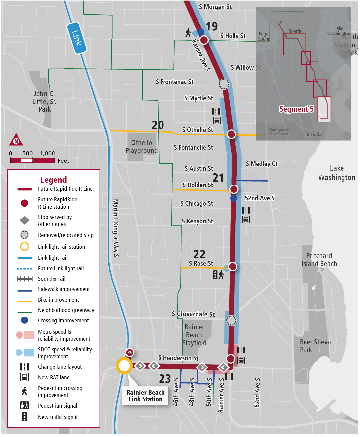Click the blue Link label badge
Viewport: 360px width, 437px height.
pyautogui.click(x=77, y=38)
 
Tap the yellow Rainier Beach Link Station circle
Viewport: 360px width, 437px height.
pyautogui.click(x=124, y=366)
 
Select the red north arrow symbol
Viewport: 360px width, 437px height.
pyautogui.click(x=16, y=140)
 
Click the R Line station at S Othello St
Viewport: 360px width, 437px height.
pyautogui.click(x=232, y=134)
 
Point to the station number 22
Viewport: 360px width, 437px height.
pyautogui.click(x=199, y=254)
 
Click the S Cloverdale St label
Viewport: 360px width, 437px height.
pyautogui.click(x=193, y=314)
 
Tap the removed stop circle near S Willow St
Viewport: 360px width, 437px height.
pyautogui.click(x=224, y=84)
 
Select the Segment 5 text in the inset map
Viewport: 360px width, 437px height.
pyautogui.click(x=296, y=109)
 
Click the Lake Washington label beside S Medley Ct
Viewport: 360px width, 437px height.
pyautogui.click(x=337, y=173)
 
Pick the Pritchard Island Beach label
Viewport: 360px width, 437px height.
pyautogui.click(x=319, y=260)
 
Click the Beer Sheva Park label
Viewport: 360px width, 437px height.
pyautogui.click(x=315, y=346)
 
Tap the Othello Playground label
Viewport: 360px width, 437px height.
pyautogui.click(x=142, y=147)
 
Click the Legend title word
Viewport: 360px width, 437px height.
pyautogui.click(x=54, y=180)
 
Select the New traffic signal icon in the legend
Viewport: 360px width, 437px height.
pyautogui.click(x=25, y=417)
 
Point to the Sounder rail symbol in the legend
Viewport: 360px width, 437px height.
pyautogui.click(x=25, y=279)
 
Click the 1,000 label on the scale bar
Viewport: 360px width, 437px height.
pyautogui.click(x=48, y=153)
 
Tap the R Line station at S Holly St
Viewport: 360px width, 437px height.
pyautogui.click(x=204, y=40)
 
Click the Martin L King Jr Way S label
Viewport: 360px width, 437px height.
pyautogui.click(x=116, y=228)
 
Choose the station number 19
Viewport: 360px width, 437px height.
pyautogui.click(x=212, y=26)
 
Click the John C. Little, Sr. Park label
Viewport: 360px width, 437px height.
pyautogui.click(x=44, y=101)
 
